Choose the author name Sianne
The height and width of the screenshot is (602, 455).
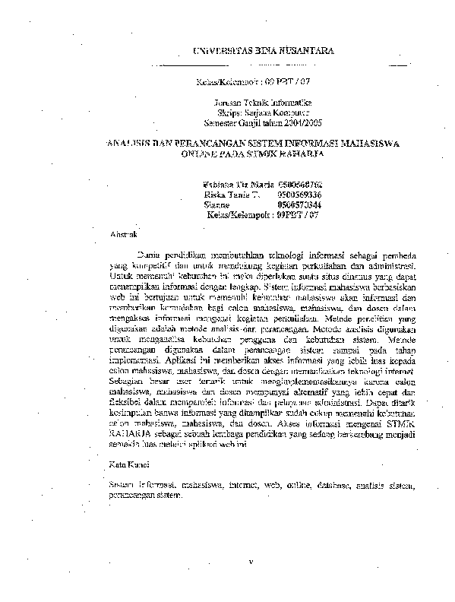click(x=217, y=205)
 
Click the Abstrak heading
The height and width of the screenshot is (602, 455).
click(x=123, y=233)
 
